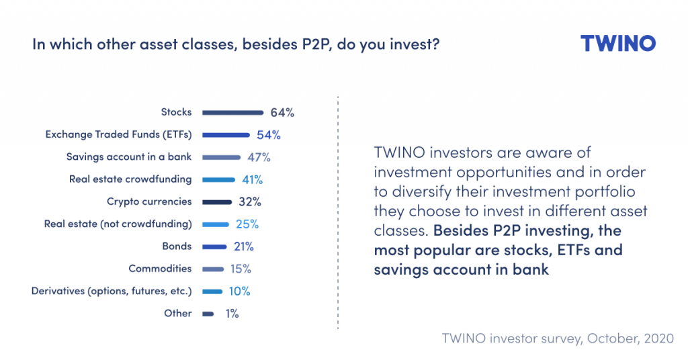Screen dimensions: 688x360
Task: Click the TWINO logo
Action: (x=618, y=44)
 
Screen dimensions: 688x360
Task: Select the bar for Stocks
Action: (x=232, y=113)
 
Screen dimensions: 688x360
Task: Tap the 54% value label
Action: (x=269, y=135)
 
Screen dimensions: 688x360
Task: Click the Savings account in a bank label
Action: (x=129, y=156)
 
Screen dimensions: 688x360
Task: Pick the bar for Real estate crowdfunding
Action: (x=218, y=180)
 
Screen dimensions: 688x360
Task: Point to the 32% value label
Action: (x=250, y=201)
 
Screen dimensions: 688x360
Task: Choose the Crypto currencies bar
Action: (x=217, y=202)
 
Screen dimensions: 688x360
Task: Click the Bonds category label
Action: (x=177, y=246)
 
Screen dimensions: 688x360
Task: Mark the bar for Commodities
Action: (x=213, y=269)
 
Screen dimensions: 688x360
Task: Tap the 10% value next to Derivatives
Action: (x=240, y=291)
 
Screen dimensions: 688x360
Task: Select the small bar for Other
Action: (x=208, y=314)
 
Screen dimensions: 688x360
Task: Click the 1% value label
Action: (x=232, y=314)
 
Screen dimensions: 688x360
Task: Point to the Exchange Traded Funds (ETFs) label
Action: (x=118, y=134)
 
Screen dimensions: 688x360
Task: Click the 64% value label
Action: (x=282, y=113)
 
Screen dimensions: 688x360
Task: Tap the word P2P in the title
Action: (x=316, y=44)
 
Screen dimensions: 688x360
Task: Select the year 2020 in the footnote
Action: (x=658, y=338)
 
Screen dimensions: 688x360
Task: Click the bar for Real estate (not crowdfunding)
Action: (x=216, y=224)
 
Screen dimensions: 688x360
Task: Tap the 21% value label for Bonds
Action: (x=243, y=246)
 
